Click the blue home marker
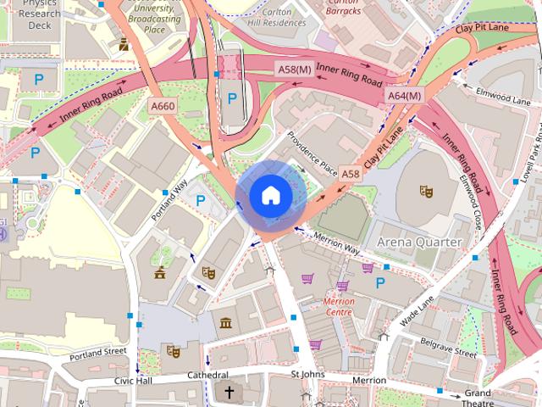(269, 196)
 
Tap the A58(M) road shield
(293, 68)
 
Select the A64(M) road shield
(405, 96)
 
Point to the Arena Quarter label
(420, 243)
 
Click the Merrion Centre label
(338, 307)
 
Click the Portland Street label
(98, 351)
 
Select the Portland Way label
(170, 198)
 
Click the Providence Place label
(312, 153)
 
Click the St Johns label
(307, 374)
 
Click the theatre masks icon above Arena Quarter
(427, 191)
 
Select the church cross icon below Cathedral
(229, 392)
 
